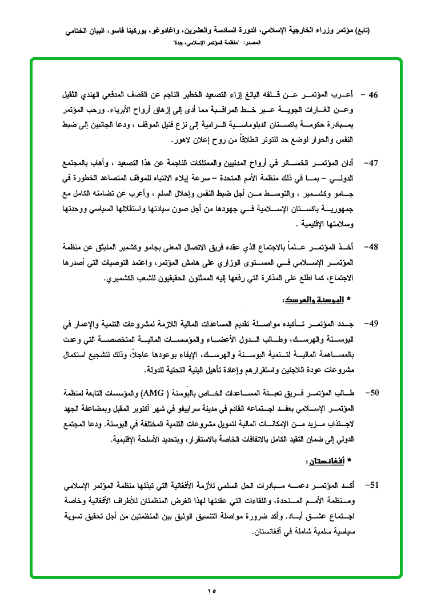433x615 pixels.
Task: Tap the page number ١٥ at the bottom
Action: pyautogui.click(x=213, y=590)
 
